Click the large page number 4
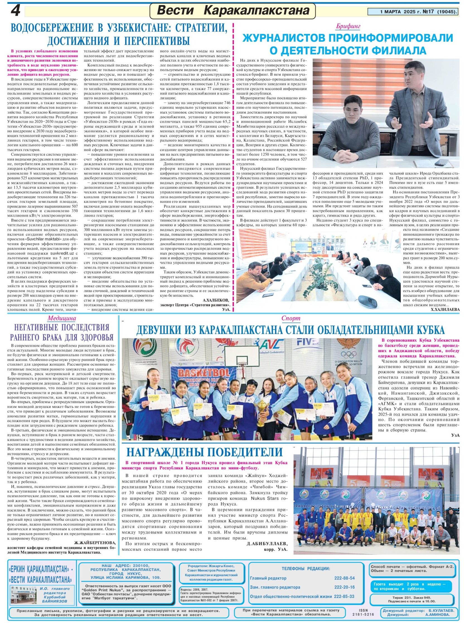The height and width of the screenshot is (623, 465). (16, 10)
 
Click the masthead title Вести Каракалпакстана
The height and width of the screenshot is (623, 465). (233, 10)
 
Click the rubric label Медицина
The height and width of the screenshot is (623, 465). (62, 318)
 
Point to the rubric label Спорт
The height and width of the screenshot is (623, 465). (291, 318)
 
